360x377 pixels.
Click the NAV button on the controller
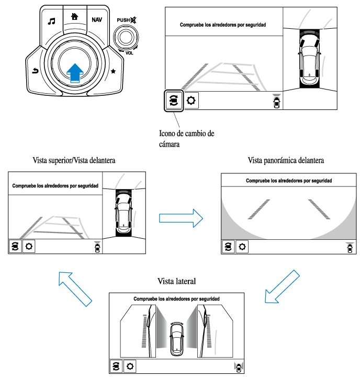click(97, 19)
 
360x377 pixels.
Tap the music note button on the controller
click(51, 21)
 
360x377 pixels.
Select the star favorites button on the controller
click(114, 70)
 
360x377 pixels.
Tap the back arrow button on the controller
click(35, 71)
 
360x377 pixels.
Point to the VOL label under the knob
click(129, 54)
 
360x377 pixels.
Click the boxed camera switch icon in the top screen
click(173, 100)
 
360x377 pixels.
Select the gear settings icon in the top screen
click(192, 100)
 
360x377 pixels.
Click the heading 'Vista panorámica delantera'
click(289, 159)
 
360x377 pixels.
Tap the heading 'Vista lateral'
click(177, 281)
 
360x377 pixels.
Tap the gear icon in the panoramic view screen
click(242, 247)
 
